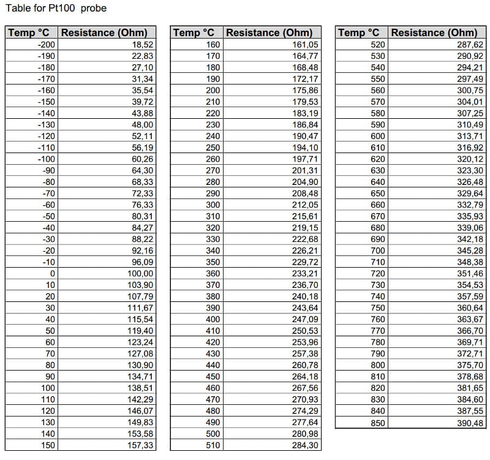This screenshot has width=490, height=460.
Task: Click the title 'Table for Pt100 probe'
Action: click(56, 9)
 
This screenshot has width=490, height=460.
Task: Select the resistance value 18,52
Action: click(142, 45)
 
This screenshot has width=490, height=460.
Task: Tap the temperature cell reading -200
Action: click(46, 45)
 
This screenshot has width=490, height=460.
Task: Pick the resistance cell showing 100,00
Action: click(140, 273)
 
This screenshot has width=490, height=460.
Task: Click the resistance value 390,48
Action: click(470, 423)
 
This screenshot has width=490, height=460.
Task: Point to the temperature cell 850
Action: click(378, 423)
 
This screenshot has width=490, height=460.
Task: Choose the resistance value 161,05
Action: click(306, 45)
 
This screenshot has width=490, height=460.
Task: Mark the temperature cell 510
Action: click(212, 445)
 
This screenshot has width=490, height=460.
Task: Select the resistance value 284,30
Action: click(306, 445)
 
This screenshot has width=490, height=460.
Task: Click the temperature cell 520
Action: click(378, 45)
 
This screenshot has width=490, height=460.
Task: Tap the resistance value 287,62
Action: click(470, 45)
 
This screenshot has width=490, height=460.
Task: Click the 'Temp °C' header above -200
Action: click(31, 32)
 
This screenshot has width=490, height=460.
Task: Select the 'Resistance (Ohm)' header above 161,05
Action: click(269, 32)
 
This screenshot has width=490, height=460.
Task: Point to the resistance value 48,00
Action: click(142, 125)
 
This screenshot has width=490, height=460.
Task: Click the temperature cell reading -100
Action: click(46, 159)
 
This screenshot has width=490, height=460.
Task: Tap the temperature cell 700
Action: click(378, 251)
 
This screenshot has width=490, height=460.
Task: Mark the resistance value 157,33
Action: click(140, 445)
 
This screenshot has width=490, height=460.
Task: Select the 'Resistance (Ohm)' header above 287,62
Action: click(434, 32)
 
